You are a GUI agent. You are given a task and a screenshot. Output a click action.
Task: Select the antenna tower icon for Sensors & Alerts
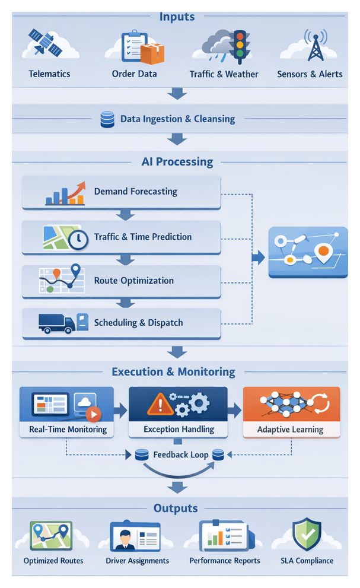point(314,46)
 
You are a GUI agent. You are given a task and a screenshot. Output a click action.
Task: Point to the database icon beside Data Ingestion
point(107,119)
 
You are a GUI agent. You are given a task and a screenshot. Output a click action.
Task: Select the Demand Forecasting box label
point(135,192)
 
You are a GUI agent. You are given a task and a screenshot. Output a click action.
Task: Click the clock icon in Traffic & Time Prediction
point(78,240)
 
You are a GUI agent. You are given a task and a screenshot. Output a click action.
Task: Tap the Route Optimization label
point(134,281)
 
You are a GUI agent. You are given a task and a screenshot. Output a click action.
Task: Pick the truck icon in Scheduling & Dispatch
point(57,323)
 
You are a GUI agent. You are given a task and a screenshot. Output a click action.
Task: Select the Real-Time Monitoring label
point(68,429)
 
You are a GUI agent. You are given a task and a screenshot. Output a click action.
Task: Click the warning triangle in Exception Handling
point(156,405)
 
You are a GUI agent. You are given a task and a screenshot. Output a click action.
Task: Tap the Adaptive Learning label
point(291,429)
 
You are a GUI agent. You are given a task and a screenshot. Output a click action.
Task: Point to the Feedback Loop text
point(180,455)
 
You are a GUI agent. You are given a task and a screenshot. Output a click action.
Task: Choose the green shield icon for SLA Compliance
point(306,535)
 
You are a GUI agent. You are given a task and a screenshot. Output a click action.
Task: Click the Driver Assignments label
point(137,561)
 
